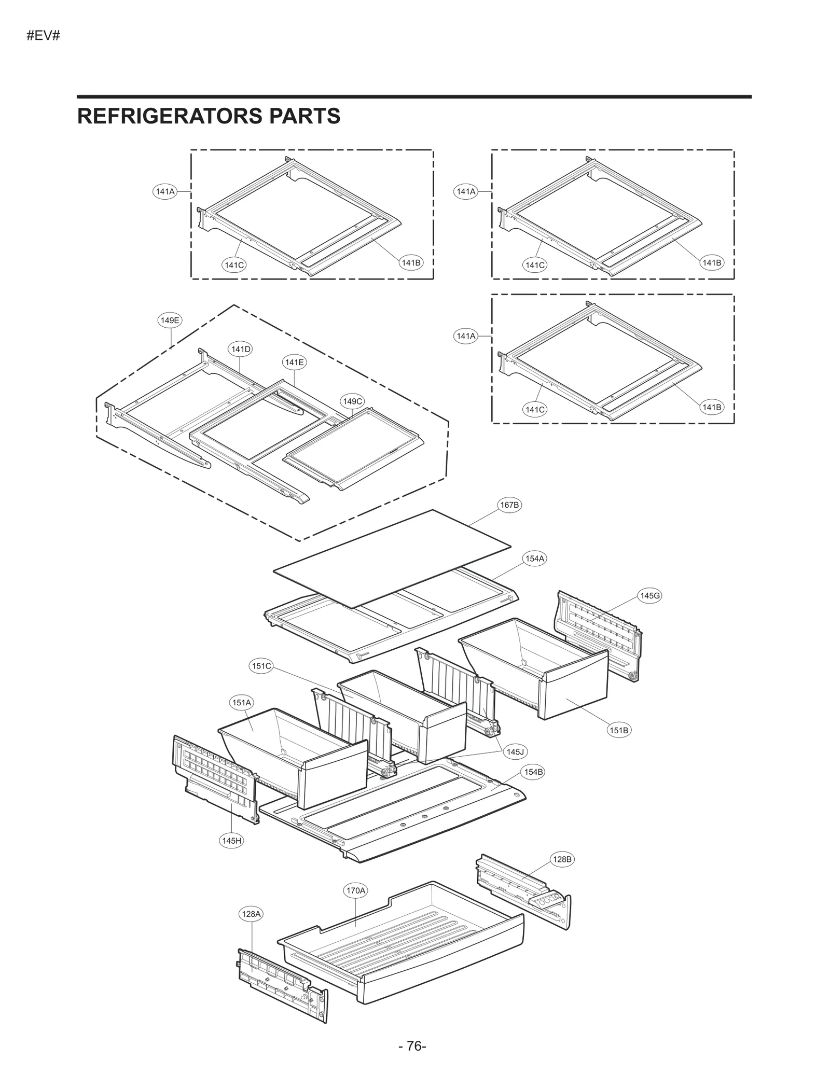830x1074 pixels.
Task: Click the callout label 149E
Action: pos(170,320)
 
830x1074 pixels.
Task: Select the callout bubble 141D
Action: pos(240,349)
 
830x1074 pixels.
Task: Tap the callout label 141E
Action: pos(294,362)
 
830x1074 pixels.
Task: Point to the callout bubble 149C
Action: pos(352,401)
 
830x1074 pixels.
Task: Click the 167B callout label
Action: pos(509,505)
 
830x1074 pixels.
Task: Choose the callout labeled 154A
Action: pos(534,559)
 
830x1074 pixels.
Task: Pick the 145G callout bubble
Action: pos(649,595)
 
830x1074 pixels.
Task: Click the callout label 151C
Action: pos(261,666)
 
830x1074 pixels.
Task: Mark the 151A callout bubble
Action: pos(242,703)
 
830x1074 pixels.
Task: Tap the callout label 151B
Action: pos(619,730)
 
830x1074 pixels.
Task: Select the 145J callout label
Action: pos(515,751)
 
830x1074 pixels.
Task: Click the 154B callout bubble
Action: pos(533,772)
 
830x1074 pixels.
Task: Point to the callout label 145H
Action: pos(231,841)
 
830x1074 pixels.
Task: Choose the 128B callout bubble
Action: pos(562,859)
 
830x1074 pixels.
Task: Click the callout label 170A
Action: pos(356,890)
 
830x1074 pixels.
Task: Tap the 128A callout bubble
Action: pos(252,914)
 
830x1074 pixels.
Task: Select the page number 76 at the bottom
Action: pos(413,1046)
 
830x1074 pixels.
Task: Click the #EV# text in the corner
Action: pos(44,36)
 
